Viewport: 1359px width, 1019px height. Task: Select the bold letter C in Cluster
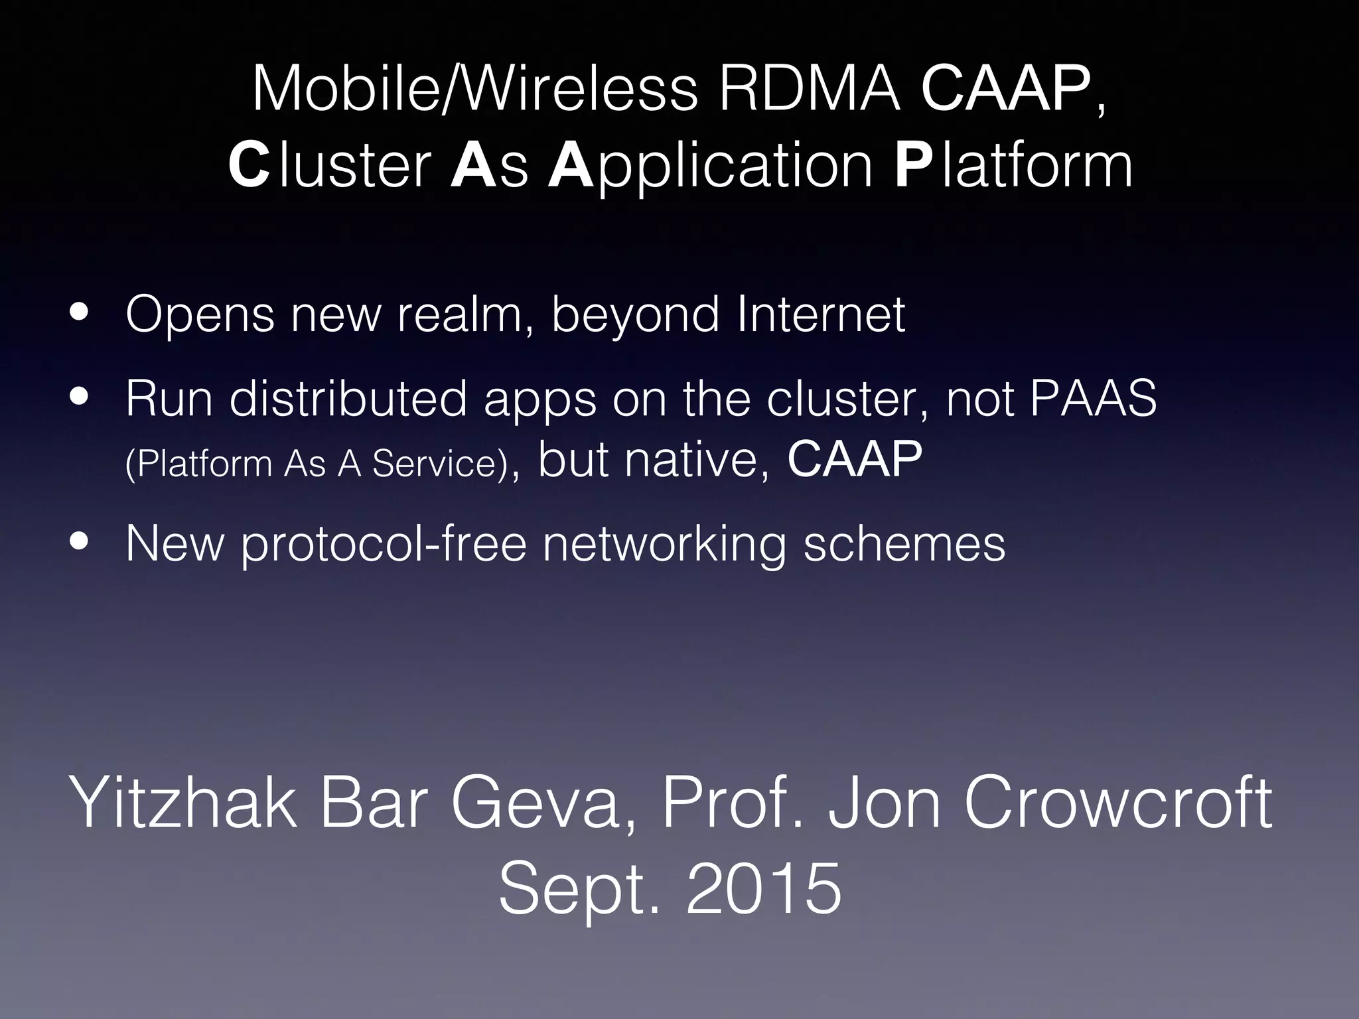pyautogui.click(x=249, y=167)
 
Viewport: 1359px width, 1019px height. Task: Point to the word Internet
pyautogui.click(x=821, y=313)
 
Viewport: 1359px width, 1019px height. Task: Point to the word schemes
pyautogui.click(x=904, y=543)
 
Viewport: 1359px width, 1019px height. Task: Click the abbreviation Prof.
pyautogui.click(x=734, y=803)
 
